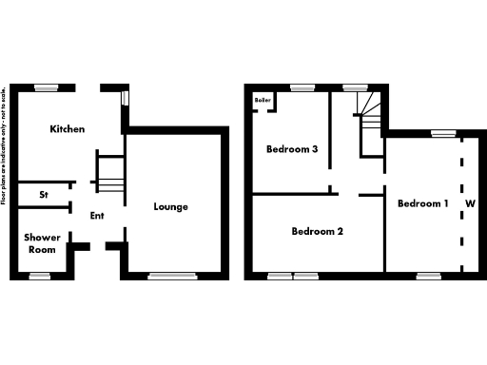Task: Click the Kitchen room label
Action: pyautogui.click(x=68, y=129)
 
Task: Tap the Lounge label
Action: pyautogui.click(x=171, y=206)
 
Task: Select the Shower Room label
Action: pyautogui.click(x=42, y=242)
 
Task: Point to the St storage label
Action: pyautogui.click(x=44, y=195)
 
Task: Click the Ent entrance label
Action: pyautogui.click(x=97, y=216)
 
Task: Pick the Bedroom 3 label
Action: pyautogui.click(x=291, y=149)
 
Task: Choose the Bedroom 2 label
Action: pyautogui.click(x=317, y=231)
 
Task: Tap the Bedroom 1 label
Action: pyautogui.click(x=422, y=203)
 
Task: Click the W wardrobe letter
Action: pyautogui.click(x=470, y=203)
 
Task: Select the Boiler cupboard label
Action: pyautogui.click(x=262, y=99)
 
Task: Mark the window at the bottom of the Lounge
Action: pyautogui.click(x=166, y=276)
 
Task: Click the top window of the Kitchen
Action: pyautogui.click(x=49, y=87)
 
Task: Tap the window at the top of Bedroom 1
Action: pyautogui.click(x=441, y=134)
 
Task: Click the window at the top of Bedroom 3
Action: pyautogui.click(x=302, y=87)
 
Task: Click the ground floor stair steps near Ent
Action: pyautogui.click(x=111, y=176)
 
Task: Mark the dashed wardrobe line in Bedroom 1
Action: pyautogui.click(x=460, y=203)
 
